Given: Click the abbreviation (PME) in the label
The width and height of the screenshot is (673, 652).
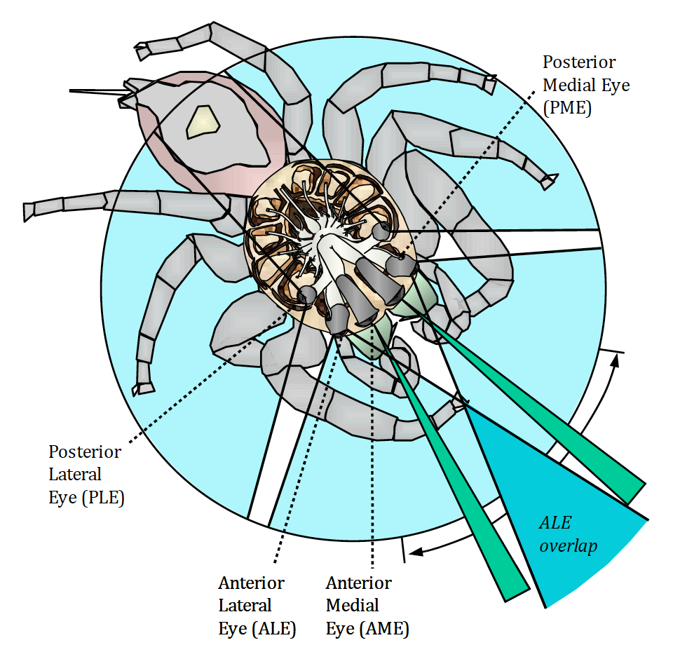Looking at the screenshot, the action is [x=567, y=108].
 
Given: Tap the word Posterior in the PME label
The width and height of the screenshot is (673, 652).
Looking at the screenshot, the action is [x=579, y=62].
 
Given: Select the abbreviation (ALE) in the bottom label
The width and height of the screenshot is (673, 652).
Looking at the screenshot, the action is [x=274, y=628].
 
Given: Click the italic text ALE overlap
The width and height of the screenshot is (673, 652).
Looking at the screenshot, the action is [x=568, y=534].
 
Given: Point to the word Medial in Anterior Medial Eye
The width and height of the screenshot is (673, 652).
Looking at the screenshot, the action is [x=353, y=605].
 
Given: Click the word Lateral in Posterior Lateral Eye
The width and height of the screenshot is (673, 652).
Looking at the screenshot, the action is [x=75, y=475].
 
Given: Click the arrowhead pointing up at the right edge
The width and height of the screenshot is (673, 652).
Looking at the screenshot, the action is [x=616, y=361].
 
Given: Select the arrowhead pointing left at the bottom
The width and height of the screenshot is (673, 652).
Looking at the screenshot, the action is [x=416, y=552].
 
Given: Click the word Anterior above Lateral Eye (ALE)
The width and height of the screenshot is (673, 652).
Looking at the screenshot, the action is [x=251, y=583].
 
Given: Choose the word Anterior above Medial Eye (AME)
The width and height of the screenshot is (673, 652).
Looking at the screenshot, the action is [x=359, y=583].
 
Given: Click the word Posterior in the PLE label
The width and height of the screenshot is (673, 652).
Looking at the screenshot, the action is [x=85, y=451].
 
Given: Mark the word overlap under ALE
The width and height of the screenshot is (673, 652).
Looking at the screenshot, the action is [x=569, y=546].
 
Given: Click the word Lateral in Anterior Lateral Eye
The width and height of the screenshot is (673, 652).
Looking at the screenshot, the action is [x=245, y=605].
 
